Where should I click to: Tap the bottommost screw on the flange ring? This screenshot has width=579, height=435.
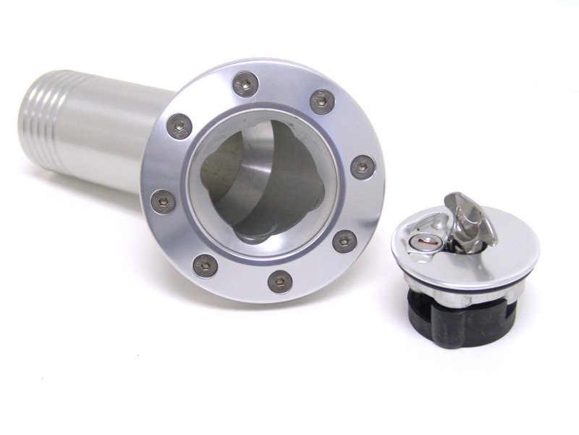280,281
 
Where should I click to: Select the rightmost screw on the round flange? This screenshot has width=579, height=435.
363,167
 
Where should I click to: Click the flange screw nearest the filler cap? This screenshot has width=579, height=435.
345,241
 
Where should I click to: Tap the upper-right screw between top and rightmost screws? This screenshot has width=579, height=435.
322,101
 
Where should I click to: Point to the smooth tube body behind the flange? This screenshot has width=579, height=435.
109,134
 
